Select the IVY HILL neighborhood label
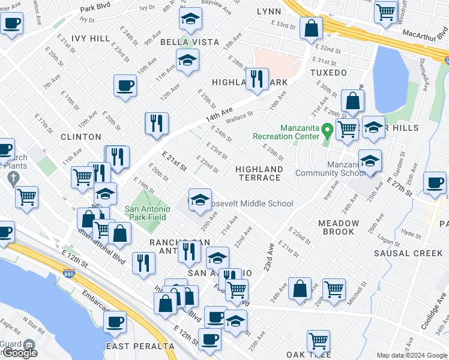pos(91,38)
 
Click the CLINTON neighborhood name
pos(81,137)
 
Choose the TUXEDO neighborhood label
pos(328,73)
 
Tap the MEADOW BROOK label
pos(339,227)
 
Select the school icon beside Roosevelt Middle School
pos(200,200)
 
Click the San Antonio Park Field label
pos(148,214)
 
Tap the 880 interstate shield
pos(68,274)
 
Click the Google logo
pos(19,353)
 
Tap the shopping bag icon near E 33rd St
pos(312,28)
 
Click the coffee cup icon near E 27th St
pos(435,182)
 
